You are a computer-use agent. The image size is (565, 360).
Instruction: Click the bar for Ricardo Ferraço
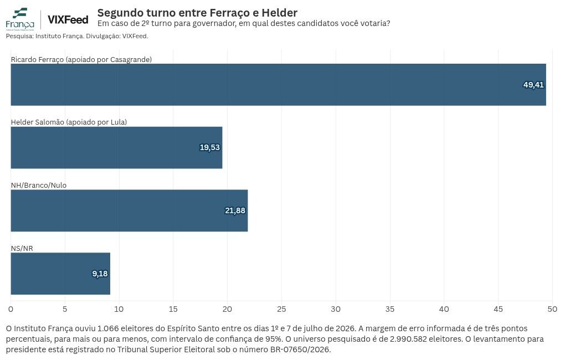[x=278, y=85]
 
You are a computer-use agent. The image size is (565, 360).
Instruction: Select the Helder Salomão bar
[x=116, y=147]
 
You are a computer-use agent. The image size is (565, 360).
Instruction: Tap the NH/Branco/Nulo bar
[x=130, y=210]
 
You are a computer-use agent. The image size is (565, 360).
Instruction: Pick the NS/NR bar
[x=60, y=274]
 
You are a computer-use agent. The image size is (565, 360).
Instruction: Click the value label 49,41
[x=533, y=85]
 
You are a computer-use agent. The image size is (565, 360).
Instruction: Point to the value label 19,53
[x=210, y=147]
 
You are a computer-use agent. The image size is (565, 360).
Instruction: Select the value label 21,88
[x=235, y=210]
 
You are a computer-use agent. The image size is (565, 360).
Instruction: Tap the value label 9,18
[x=100, y=274]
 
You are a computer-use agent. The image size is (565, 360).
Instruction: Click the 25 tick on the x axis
[x=281, y=309]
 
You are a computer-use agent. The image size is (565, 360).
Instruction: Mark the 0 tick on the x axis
[x=11, y=309]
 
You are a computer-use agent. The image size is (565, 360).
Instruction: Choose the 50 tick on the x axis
[x=552, y=309]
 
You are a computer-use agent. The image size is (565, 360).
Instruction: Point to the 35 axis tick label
[x=390, y=309]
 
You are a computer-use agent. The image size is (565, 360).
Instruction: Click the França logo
[x=20, y=19]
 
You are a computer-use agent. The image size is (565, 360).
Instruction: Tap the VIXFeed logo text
[x=68, y=19]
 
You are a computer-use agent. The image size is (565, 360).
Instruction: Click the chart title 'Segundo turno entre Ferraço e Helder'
[x=197, y=13]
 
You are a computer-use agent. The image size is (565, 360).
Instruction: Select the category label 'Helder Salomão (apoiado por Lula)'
[x=69, y=122]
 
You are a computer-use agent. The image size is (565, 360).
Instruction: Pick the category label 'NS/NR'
[x=22, y=248]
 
